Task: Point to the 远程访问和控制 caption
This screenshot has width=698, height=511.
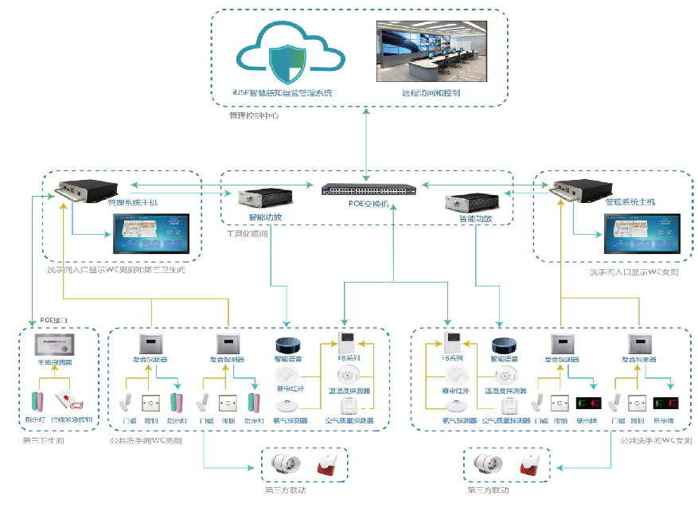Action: click(431, 93)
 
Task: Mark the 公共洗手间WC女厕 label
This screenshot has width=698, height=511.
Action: click(656, 439)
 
